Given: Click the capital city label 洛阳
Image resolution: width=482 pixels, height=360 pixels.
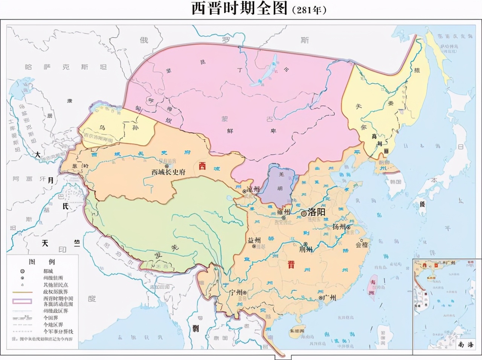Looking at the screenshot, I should [316, 212].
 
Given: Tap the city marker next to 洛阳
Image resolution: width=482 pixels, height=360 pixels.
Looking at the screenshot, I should [304, 214].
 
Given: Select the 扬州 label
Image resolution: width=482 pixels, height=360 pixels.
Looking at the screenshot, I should [339, 227].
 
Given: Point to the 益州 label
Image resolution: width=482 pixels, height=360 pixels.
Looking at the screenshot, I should [254, 240].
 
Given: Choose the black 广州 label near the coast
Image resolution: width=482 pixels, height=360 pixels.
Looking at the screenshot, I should [329, 297].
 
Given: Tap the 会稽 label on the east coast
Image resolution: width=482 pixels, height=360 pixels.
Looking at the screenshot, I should [362, 245].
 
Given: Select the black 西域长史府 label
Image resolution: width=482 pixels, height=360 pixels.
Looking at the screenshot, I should [168, 172].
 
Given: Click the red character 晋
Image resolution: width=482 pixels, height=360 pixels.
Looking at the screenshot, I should [291, 265].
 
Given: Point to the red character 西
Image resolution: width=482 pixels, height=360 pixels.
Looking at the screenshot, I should [202, 166].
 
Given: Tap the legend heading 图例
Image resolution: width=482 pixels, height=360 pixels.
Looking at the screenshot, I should [42, 261].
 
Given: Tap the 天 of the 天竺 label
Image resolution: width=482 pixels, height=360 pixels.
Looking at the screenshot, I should [45, 243].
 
